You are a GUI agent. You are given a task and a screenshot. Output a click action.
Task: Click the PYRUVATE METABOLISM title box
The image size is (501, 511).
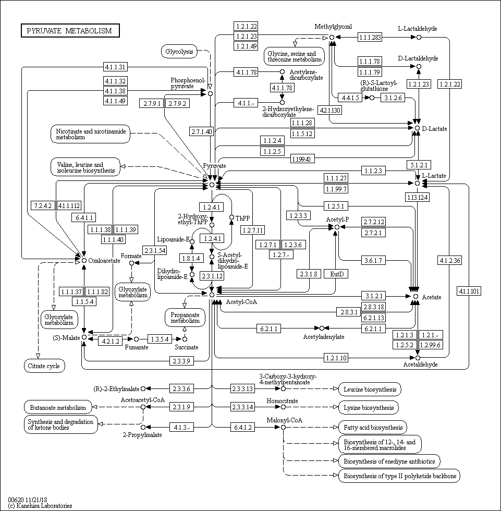coord(70,31)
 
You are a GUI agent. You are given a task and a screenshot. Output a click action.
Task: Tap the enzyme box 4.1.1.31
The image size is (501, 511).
coord(115,67)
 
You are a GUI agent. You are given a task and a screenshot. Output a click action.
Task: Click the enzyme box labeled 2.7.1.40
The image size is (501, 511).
coord(201,131)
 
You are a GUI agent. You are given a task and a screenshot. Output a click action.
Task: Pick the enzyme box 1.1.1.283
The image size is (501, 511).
coord(370,37)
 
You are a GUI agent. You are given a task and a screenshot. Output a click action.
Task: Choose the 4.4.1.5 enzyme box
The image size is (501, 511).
coord(352,98)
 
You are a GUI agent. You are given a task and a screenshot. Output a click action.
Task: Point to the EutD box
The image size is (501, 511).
coord(337,274)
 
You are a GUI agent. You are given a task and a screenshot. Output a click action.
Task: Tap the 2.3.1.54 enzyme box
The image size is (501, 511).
coord(154,251)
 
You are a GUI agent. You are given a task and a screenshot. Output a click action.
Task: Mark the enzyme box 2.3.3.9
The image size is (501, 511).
coord(182,360)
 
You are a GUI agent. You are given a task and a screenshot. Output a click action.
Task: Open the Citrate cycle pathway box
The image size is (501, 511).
coord(44,366)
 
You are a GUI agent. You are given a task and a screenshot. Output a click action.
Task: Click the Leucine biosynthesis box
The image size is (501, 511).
coord(370,389)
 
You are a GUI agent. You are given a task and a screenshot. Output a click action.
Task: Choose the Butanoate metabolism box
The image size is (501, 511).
coord(58,407)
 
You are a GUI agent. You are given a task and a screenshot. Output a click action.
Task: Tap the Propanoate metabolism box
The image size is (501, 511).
coord(185,318)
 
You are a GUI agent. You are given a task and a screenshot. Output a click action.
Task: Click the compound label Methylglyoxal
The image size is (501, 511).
coord(333,27)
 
